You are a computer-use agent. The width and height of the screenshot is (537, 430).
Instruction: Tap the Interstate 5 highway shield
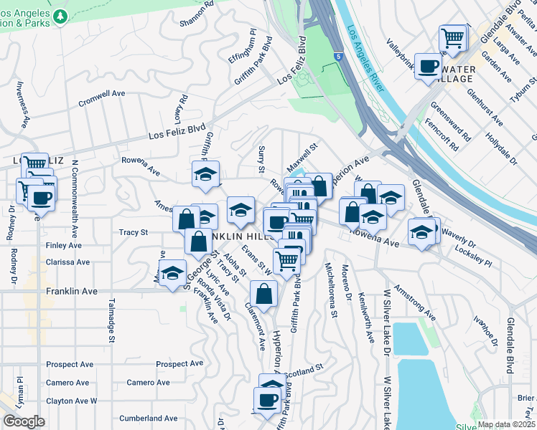click(x=338, y=54)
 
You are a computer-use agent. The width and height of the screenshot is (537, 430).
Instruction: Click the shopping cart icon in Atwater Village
click(x=452, y=37)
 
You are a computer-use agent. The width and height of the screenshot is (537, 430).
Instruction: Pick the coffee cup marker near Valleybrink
click(x=429, y=67)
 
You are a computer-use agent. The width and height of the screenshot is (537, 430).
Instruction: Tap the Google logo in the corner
click(x=24, y=421)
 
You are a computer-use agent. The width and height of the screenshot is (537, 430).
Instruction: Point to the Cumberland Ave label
click(x=148, y=419)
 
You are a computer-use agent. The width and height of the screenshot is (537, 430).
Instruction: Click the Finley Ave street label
click(x=64, y=245)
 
